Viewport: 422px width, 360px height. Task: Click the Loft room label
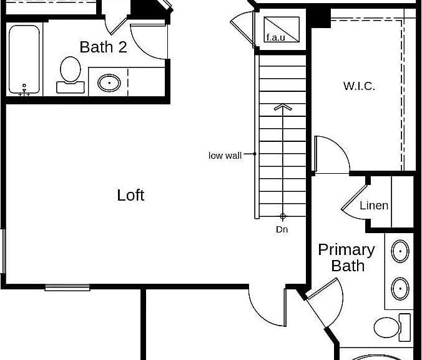pyautogui.click(x=130, y=195)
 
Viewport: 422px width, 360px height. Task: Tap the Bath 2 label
pyautogui.click(x=104, y=47)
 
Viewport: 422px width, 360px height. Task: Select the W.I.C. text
pyautogui.click(x=359, y=86)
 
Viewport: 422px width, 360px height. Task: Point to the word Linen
pyautogui.click(x=374, y=206)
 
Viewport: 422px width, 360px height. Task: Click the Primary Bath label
pyautogui.click(x=346, y=258)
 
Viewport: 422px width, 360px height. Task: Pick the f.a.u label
pyautogui.click(x=275, y=37)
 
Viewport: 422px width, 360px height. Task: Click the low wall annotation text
pyautogui.click(x=225, y=156)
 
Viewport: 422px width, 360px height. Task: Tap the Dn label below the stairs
pyautogui.click(x=282, y=229)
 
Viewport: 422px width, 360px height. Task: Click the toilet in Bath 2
pyautogui.click(x=71, y=74)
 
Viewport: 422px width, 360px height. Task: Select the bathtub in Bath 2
pyautogui.click(x=24, y=59)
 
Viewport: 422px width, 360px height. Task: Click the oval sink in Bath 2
pyautogui.click(x=109, y=82)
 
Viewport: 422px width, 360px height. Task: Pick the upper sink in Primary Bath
pyautogui.click(x=400, y=251)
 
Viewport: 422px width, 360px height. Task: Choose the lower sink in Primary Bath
pyautogui.click(x=400, y=288)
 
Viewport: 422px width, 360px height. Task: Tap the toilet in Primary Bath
pyautogui.click(x=392, y=327)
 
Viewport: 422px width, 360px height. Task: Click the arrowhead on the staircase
pyautogui.click(x=283, y=107)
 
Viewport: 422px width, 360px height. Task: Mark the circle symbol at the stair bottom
pyautogui.click(x=283, y=216)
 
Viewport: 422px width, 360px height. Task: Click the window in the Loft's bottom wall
pyautogui.click(x=67, y=287)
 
